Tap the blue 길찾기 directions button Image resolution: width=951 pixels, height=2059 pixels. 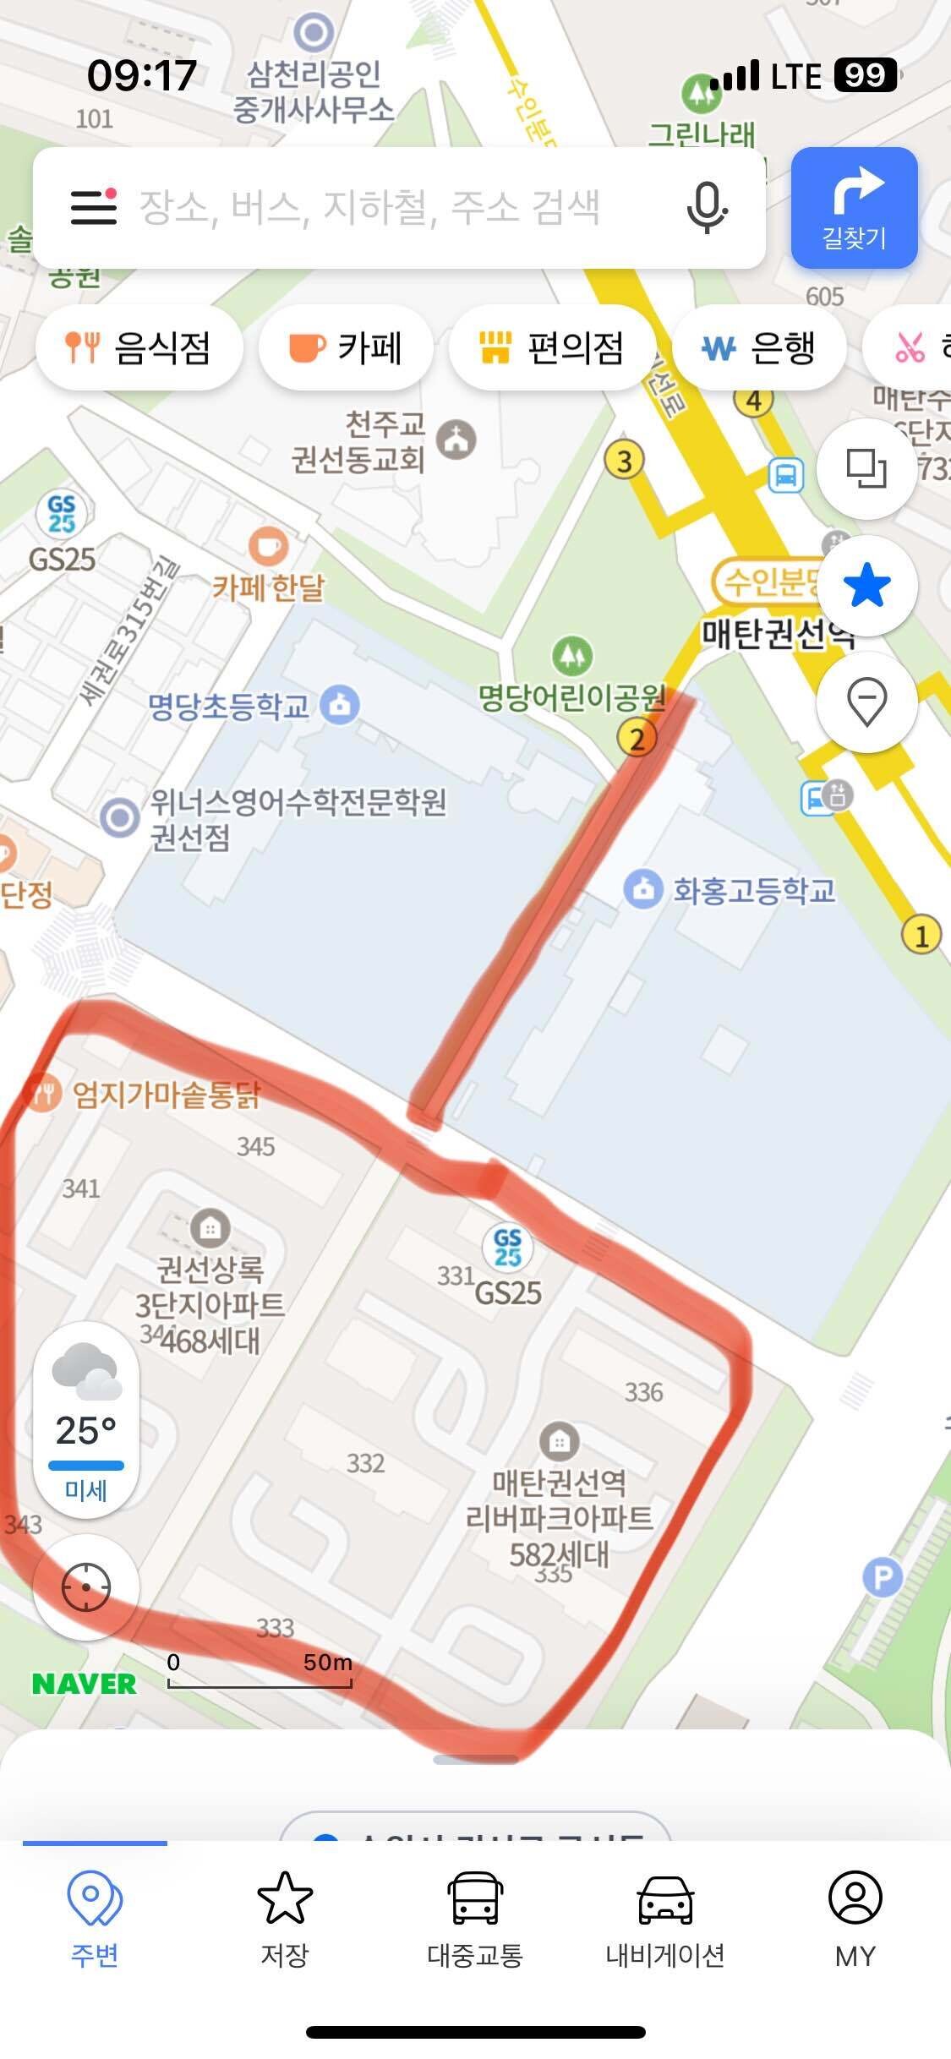pos(854,208)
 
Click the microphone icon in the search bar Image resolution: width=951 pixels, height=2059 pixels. pos(707,207)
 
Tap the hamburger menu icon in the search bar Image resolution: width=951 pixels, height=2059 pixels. pos(93,207)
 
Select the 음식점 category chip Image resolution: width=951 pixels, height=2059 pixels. pos(139,347)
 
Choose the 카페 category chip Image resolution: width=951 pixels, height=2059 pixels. pos(346,347)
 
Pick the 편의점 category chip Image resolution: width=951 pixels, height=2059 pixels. pos(551,347)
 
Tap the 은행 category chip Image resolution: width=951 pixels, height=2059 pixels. pos(759,347)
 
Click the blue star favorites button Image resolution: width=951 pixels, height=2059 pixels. pos(866,586)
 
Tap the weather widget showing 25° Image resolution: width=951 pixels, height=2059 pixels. pos(86,1421)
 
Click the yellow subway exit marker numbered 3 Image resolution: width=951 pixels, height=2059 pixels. pos(624,461)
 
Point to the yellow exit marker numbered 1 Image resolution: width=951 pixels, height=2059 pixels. pos(921,935)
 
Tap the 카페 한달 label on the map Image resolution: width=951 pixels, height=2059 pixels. pos(268,586)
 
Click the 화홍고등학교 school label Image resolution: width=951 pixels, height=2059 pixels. pos(753,890)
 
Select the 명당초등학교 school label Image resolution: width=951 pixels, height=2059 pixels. pos(229,707)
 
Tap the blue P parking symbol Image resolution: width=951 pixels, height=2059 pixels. pos(883,1576)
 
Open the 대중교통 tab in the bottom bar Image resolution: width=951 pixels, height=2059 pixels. pos(475,1919)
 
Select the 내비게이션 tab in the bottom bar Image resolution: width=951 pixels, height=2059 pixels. pos(665,1919)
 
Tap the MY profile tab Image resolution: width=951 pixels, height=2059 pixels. pos(855,1919)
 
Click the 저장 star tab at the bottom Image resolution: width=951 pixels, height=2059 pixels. pos(285,1919)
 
